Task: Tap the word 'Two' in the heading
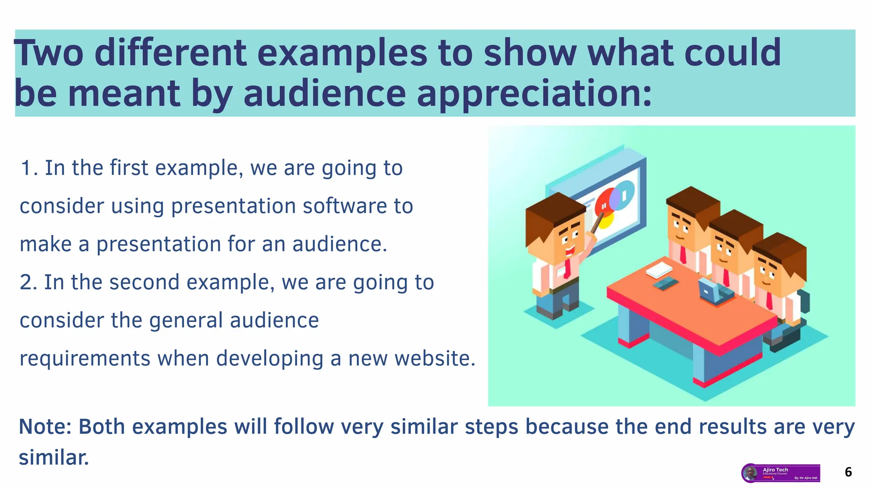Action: (x=49, y=53)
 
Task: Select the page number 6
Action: (x=848, y=472)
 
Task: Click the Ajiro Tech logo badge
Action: (x=781, y=473)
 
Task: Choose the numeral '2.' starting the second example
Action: (x=28, y=282)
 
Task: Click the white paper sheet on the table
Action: (x=659, y=270)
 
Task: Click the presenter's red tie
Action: (x=567, y=268)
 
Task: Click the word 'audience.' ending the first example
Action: (x=340, y=245)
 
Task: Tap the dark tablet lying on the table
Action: (x=666, y=283)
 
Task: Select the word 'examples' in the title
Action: (x=342, y=53)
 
